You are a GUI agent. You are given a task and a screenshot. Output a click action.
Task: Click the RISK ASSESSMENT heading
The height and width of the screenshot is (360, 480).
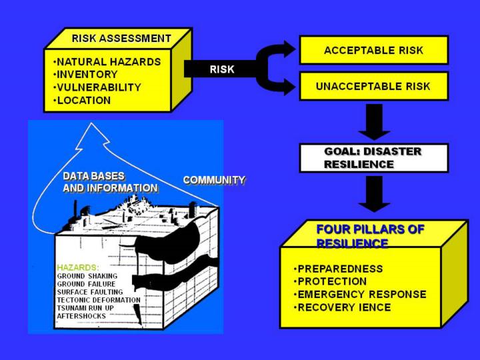click(121, 38)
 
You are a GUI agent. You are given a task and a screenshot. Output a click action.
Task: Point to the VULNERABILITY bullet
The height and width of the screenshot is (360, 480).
click(97, 87)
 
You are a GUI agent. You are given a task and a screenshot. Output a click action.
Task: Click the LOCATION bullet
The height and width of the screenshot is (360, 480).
click(82, 101)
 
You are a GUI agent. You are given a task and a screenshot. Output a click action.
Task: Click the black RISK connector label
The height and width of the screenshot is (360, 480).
click(222, 69)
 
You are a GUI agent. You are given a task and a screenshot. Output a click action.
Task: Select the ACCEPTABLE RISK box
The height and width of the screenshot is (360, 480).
click(373, 50)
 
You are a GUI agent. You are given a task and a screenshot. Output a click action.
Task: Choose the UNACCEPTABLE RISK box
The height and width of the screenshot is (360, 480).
click(373, 86)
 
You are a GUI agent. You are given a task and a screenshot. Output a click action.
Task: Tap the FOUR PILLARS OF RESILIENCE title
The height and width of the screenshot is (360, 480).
click(370, 235)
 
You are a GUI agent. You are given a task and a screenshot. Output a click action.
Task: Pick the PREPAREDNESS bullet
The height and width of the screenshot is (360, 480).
click(339, 269)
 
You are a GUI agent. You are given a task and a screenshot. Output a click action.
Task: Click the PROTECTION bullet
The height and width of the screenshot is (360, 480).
click(330, 281)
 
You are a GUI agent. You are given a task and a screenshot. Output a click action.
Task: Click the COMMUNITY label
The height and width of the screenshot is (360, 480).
click(214, 180)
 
